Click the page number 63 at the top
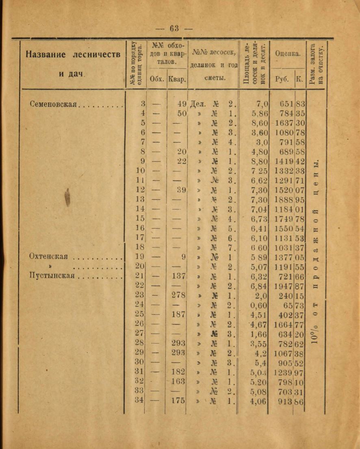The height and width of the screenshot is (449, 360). [175, 28]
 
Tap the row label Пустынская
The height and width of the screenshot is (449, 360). [52, 276]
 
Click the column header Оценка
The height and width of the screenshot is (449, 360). [288, 53]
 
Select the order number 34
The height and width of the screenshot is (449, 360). [140, 400]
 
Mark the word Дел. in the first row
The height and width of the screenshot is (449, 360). [198, 104]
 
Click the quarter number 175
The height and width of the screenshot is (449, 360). [178, 400]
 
